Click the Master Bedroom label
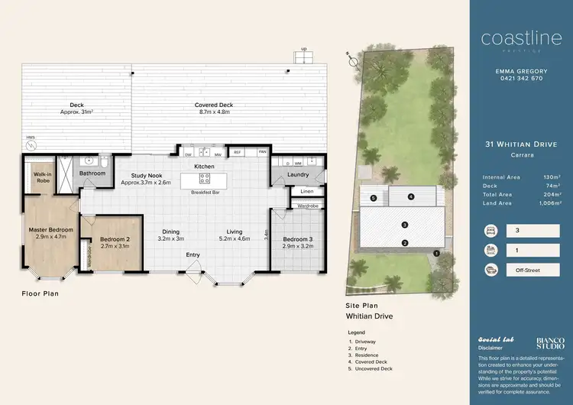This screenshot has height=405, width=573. pos(52,229)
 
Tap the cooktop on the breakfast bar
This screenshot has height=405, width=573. pos(205,178)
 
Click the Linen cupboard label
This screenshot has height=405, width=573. pos(307,191)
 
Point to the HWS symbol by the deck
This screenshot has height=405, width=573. pos(30,141)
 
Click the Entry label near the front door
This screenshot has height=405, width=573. pos(193,255)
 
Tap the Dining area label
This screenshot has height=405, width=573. pos(170,232)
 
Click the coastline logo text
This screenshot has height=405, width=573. pos(511,39)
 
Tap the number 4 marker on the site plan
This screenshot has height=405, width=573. pos(410,196)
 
